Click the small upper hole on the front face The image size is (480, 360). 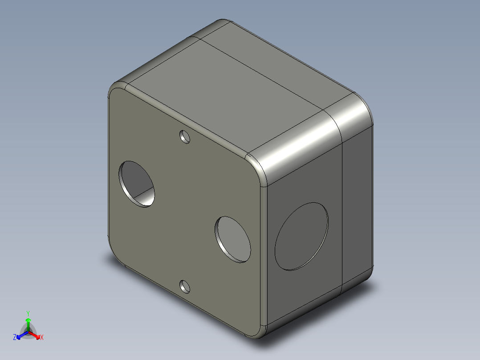[185, 136]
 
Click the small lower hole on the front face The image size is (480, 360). [185, 286]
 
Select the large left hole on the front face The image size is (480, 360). [137, 184]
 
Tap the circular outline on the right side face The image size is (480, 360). [301, 236]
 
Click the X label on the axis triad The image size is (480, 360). [42, 338]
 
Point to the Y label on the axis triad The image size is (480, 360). [28, 314]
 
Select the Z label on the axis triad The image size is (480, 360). [15, 338]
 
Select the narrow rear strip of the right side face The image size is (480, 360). [356, 205]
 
